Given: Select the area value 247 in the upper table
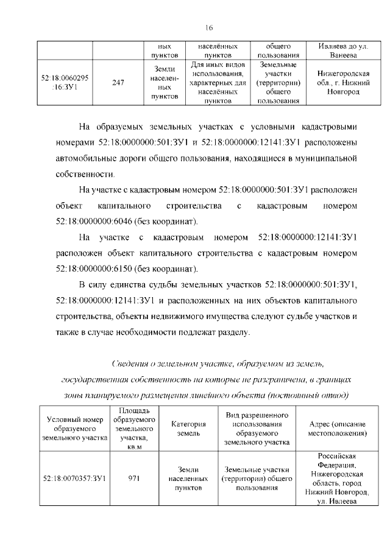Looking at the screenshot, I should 118,83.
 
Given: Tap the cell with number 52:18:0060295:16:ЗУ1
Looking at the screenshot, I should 65,83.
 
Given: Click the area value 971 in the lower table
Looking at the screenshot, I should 135,478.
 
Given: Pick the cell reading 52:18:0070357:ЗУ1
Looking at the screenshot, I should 74,478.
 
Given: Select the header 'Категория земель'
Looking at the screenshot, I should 188,429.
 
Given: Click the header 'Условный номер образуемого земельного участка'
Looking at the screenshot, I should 74,429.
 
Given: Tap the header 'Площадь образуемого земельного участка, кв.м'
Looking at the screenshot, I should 135,429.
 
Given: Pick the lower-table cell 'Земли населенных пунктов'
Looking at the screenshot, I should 188,478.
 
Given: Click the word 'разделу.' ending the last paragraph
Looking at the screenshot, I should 232,332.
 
